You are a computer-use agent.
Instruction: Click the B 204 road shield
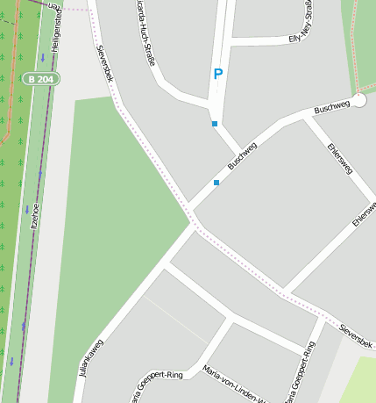click(x=41, y=79)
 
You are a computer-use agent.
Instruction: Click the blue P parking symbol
click(x=217, y=76)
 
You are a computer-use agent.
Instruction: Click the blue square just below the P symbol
click(x=215, y=124)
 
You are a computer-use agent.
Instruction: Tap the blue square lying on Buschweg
click(x=216, y=183)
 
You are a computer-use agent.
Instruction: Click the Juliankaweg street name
click(x=91, y=358)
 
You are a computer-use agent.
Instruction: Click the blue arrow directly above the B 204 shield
click(x=42, y=59)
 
